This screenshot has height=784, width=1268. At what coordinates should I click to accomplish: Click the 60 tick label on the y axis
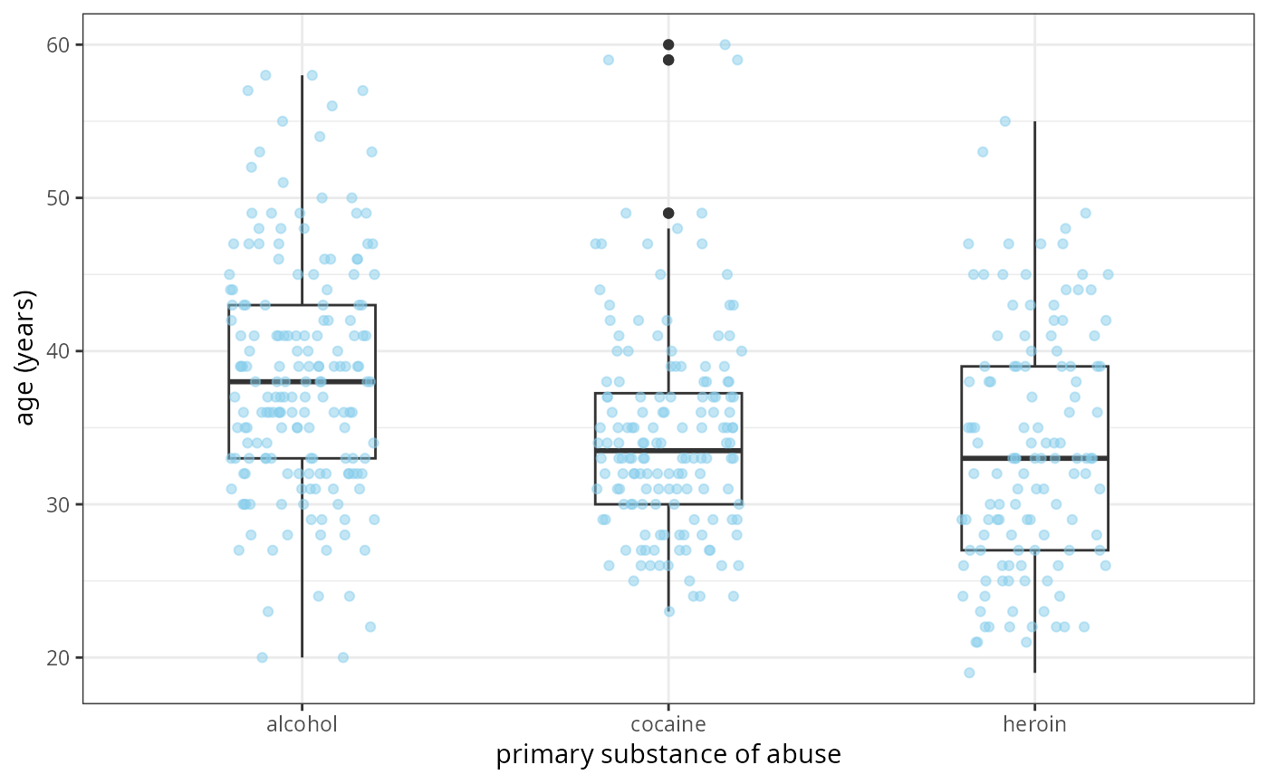click(x=59, y=44)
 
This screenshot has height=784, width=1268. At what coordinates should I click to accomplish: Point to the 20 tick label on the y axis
click(x=59, y=657)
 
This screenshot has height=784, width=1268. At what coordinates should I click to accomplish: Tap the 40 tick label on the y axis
click(x=59, y=351)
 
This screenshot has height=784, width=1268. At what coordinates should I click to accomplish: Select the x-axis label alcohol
click(x=302, y=724)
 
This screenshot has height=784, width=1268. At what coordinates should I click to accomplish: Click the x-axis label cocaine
click(x=668, y=724)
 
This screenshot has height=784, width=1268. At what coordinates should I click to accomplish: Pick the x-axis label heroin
click(x=1034, y=724)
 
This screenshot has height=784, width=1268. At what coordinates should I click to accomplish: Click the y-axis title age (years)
click(x=26, y=358)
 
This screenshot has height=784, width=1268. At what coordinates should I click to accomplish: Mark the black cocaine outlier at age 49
click(x=668, y=213)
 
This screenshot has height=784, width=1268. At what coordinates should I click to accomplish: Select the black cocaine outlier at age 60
click(x=668, y=44)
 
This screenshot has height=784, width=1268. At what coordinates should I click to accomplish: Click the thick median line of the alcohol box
click(x=302, y=381)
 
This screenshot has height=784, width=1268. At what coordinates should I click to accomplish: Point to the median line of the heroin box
click(x=1034, y=458)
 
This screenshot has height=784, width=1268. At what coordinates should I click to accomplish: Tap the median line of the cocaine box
click(x=668, y=450)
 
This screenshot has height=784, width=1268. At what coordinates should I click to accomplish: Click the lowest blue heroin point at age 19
click(x=969, y=673)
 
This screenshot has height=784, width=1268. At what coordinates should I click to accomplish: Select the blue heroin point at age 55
click(x=1005, y=121)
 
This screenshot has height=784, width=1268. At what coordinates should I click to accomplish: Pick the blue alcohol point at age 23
click(x=268, y=611)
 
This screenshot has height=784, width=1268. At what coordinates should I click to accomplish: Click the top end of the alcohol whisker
click(x=302, y=76)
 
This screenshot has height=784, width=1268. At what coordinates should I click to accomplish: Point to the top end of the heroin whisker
click(x=1034, y=121)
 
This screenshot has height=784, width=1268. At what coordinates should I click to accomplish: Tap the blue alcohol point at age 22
click(x=370, y=626)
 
